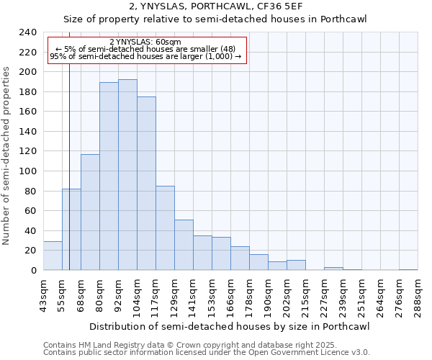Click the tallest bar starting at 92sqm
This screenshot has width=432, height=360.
127,175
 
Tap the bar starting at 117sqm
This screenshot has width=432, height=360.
165,228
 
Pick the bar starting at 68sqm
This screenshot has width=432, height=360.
90,212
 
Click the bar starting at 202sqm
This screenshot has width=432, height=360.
296,265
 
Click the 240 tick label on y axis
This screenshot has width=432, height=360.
27,32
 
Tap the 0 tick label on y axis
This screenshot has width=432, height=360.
33,271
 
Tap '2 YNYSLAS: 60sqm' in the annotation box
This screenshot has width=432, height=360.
145,42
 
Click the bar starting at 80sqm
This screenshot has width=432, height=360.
109,176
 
